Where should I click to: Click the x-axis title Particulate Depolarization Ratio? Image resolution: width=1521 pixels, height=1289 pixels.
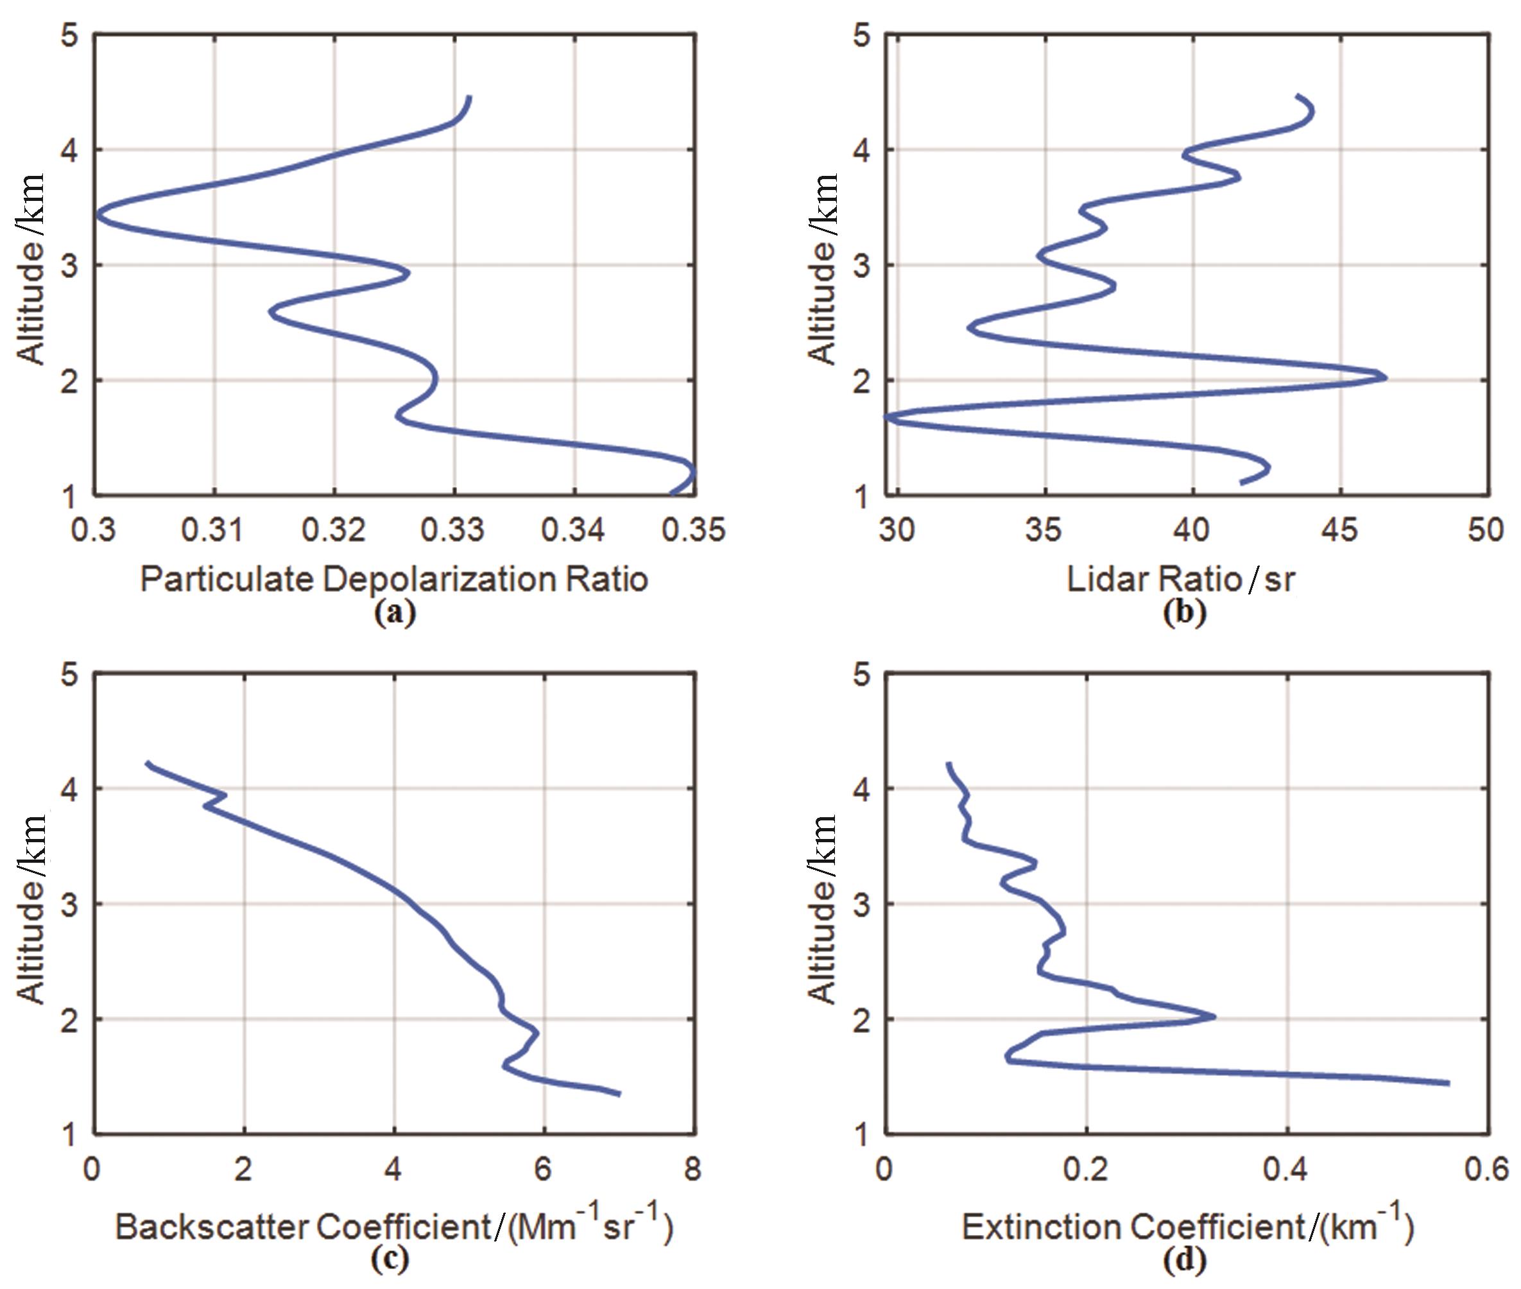(394, 580)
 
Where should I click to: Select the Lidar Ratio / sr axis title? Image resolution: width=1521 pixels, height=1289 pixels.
(1181, 580)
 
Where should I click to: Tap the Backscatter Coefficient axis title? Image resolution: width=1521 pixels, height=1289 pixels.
(394, 1226)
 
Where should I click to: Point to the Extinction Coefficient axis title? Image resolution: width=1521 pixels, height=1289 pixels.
(1187, 1226)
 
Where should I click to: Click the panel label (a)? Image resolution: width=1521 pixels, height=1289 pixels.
(394, 612)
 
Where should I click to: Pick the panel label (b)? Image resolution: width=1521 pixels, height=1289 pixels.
(1183, 612)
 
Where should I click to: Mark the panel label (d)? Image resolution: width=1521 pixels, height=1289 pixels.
(1183, 1258)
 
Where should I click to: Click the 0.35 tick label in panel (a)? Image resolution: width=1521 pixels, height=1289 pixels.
(693, 530)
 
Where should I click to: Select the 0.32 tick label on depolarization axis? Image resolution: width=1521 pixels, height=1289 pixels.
(334, 530)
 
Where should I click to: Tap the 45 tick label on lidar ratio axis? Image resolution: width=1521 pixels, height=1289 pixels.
(1340, 530)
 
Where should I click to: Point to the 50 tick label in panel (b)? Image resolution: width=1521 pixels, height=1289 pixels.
(1486, 530)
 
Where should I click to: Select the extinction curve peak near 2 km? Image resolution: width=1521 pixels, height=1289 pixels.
(1213, 1016)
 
